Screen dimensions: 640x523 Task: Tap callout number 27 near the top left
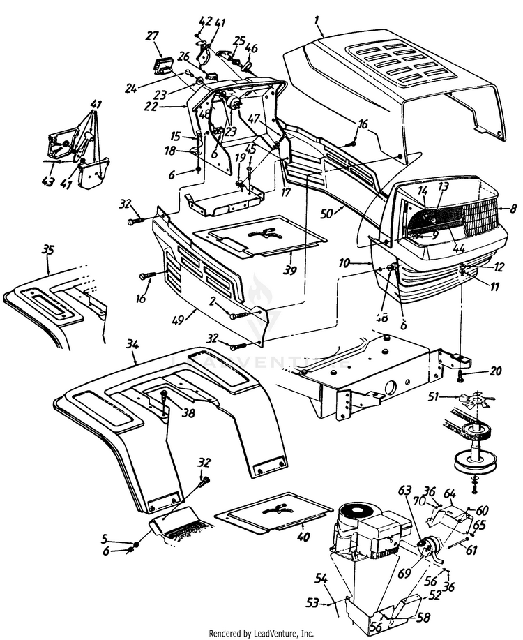(153, 36)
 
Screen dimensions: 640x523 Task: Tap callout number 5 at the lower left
(104, 539)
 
